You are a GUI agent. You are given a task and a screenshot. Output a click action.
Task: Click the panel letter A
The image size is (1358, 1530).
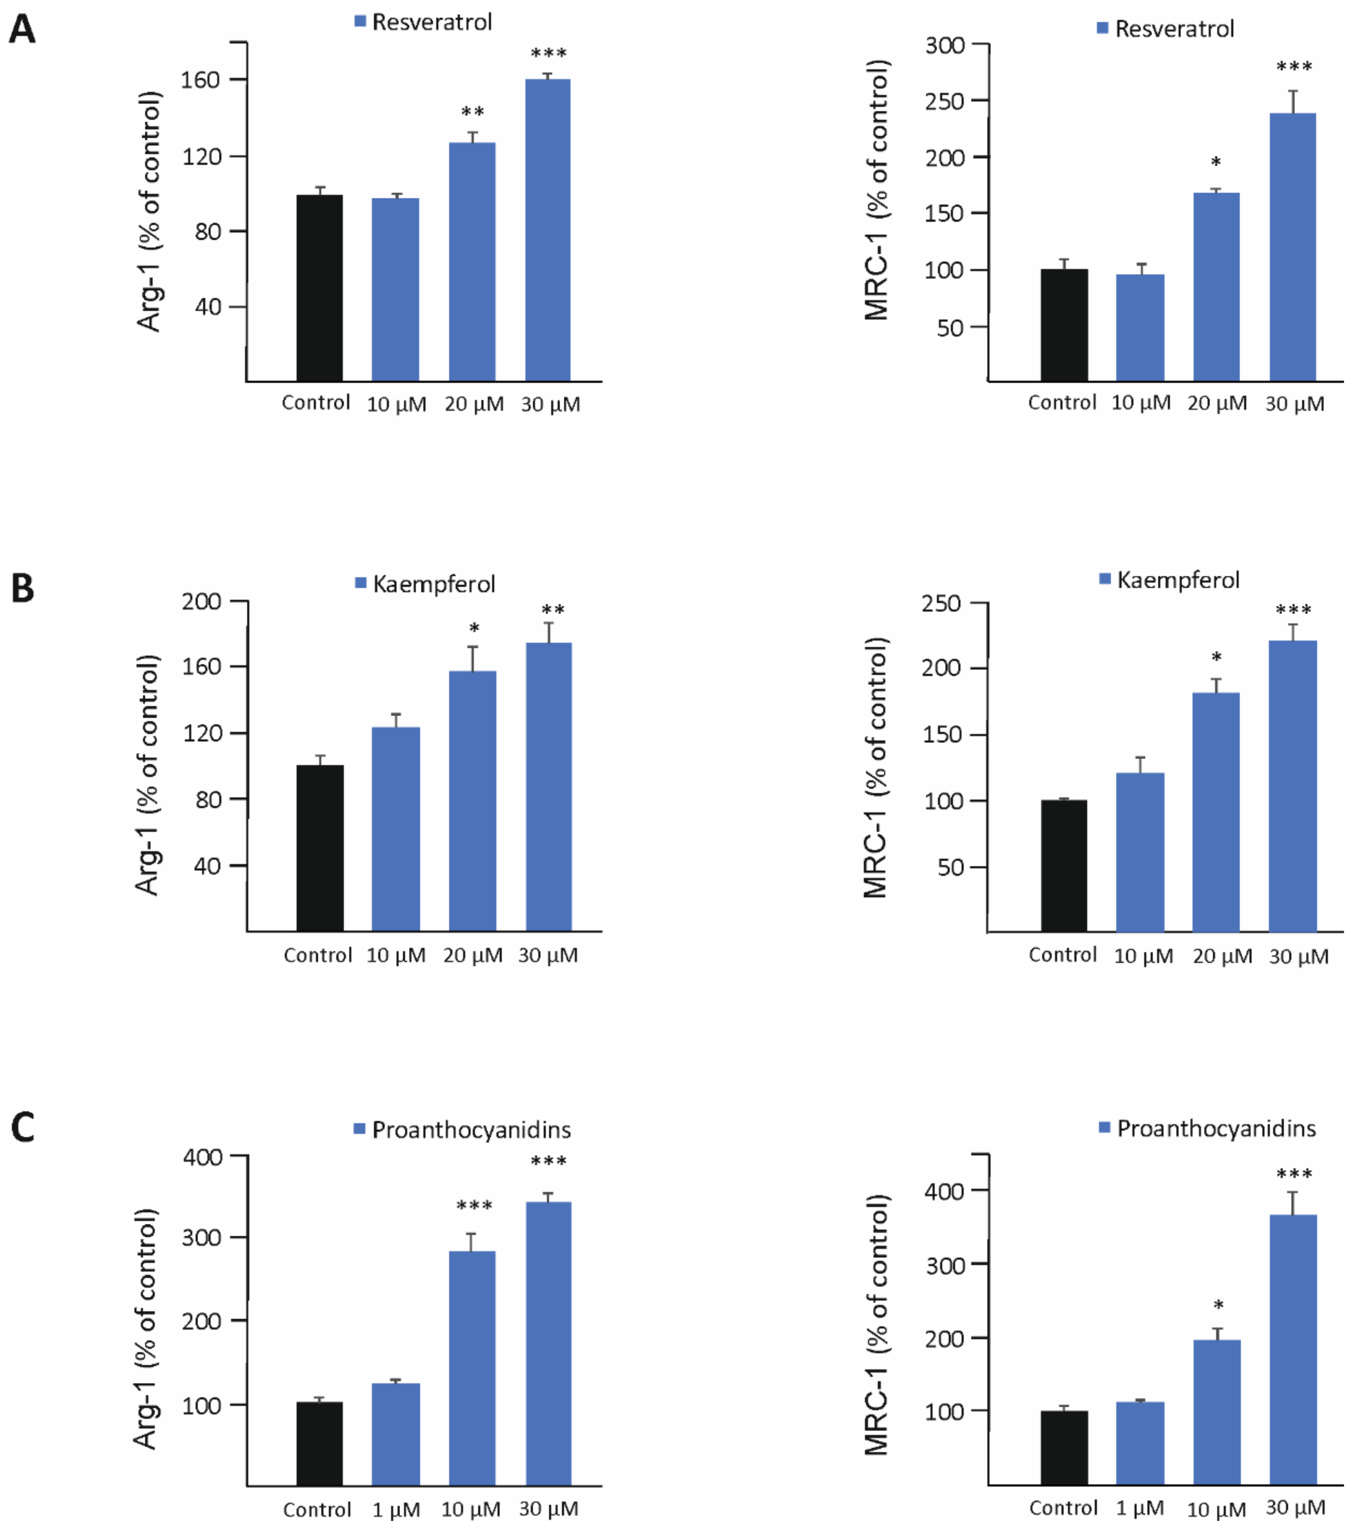[22, 30]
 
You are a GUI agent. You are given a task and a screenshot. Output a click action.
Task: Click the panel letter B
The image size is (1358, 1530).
[22, 588]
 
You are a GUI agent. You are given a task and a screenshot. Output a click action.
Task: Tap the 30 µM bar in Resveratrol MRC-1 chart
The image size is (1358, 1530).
[1293, 247]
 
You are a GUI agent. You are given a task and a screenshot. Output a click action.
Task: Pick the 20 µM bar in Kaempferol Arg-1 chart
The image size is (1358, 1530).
[472, 801]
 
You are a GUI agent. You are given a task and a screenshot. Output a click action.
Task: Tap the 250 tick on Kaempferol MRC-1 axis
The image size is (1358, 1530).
[942, 603]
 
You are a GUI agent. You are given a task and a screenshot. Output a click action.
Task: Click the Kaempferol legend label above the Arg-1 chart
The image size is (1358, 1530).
[434, 584]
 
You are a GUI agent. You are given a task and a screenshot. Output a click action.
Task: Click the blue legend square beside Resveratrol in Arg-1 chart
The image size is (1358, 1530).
[360, 22]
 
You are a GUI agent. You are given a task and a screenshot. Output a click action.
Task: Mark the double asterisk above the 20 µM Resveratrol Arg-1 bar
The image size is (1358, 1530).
[472, 112]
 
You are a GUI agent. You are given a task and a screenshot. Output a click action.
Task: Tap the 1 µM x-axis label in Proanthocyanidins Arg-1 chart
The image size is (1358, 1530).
[396, 1510]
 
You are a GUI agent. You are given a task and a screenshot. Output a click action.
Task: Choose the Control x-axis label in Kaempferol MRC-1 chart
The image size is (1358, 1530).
[1062, 955]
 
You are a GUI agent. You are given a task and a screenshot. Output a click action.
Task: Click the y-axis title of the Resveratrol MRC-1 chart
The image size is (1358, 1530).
[876, 191]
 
